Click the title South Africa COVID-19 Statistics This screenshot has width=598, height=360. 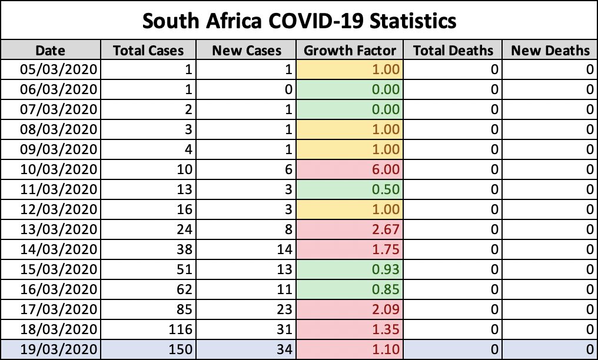[299, 21]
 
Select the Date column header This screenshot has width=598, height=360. [50, 51]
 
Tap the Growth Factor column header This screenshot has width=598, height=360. [350, 51]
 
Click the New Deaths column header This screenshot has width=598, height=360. [550, 51]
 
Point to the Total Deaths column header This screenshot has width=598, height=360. [453, 51]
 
